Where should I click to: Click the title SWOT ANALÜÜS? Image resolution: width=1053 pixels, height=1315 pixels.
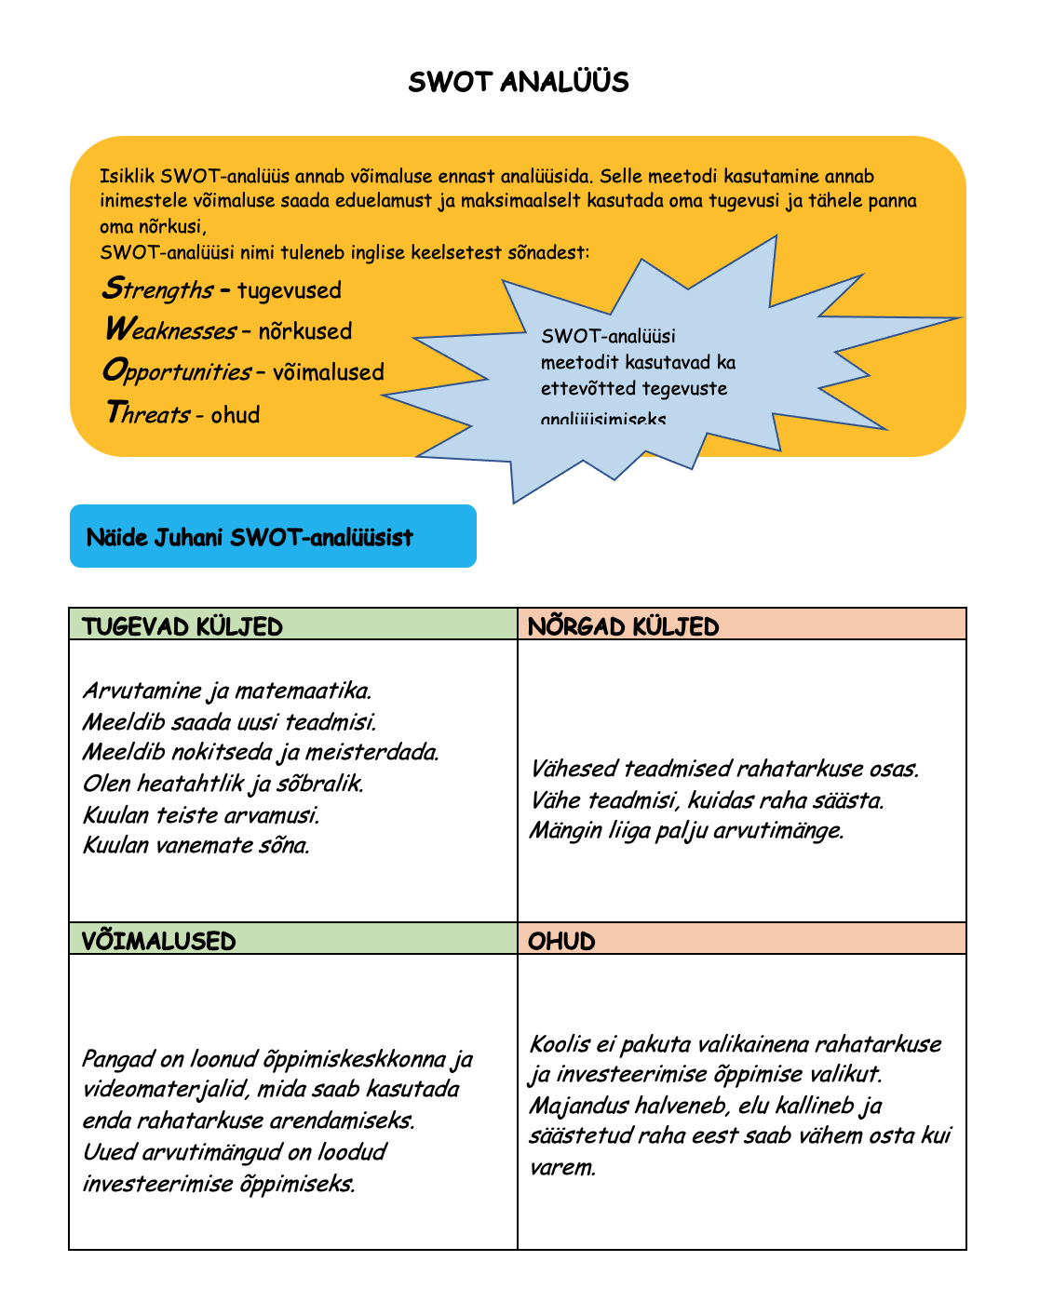coord(519,83)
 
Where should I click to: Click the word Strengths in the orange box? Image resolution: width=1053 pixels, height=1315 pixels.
coord(157,289)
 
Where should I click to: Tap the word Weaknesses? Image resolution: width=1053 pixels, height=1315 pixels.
coord(169,330)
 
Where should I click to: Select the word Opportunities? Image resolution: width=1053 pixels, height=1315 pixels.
coord(176,371)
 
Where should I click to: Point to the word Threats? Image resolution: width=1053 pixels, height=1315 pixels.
coord(147,413)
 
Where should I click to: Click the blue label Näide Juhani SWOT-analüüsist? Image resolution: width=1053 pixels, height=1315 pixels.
coord(250,537)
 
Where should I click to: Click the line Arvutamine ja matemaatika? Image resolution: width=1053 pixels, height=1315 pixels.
coord(227,691)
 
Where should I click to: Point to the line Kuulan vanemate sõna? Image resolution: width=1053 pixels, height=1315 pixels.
coord(196,845)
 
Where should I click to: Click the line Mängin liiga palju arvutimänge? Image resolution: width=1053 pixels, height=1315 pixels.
coord(687,830)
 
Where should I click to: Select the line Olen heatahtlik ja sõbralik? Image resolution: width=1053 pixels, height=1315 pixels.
coord(223,784)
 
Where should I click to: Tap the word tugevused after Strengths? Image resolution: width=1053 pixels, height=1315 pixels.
coord(290,290)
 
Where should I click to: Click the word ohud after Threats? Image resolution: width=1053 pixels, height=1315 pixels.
coord(236,414)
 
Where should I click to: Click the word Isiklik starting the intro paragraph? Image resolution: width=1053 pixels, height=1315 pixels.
coord(128,177)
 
